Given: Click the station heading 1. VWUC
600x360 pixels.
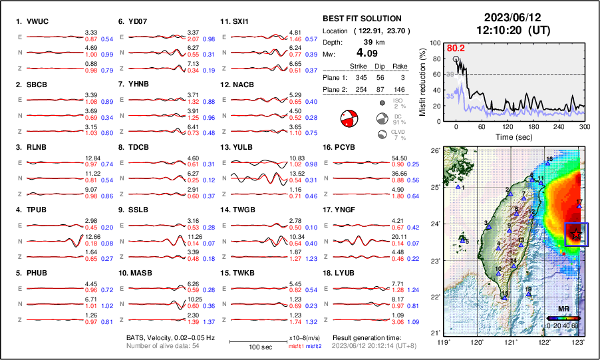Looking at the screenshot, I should [x=31, y=21].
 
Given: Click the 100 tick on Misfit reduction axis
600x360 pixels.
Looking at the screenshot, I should [x=435, y=43].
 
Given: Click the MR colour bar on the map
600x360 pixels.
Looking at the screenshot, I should [x=562, y=319].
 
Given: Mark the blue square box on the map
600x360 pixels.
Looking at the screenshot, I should [x=576, y=234].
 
